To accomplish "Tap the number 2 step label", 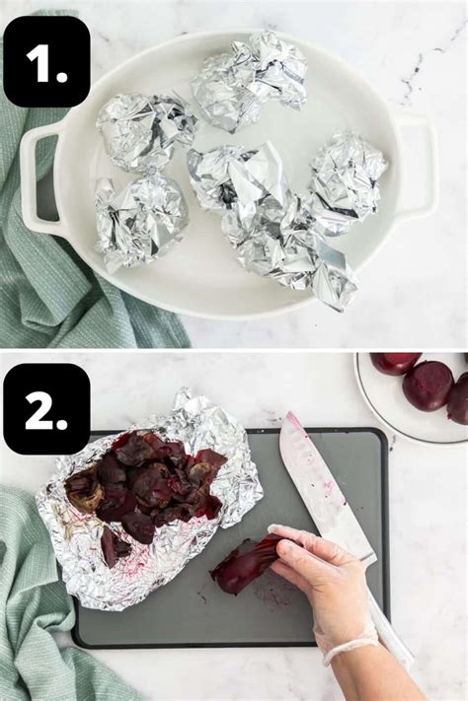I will click(46, 408).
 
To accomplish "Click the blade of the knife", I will click(316, 483).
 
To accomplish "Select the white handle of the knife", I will click(390, 631).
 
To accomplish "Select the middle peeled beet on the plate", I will click(427, 386).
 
